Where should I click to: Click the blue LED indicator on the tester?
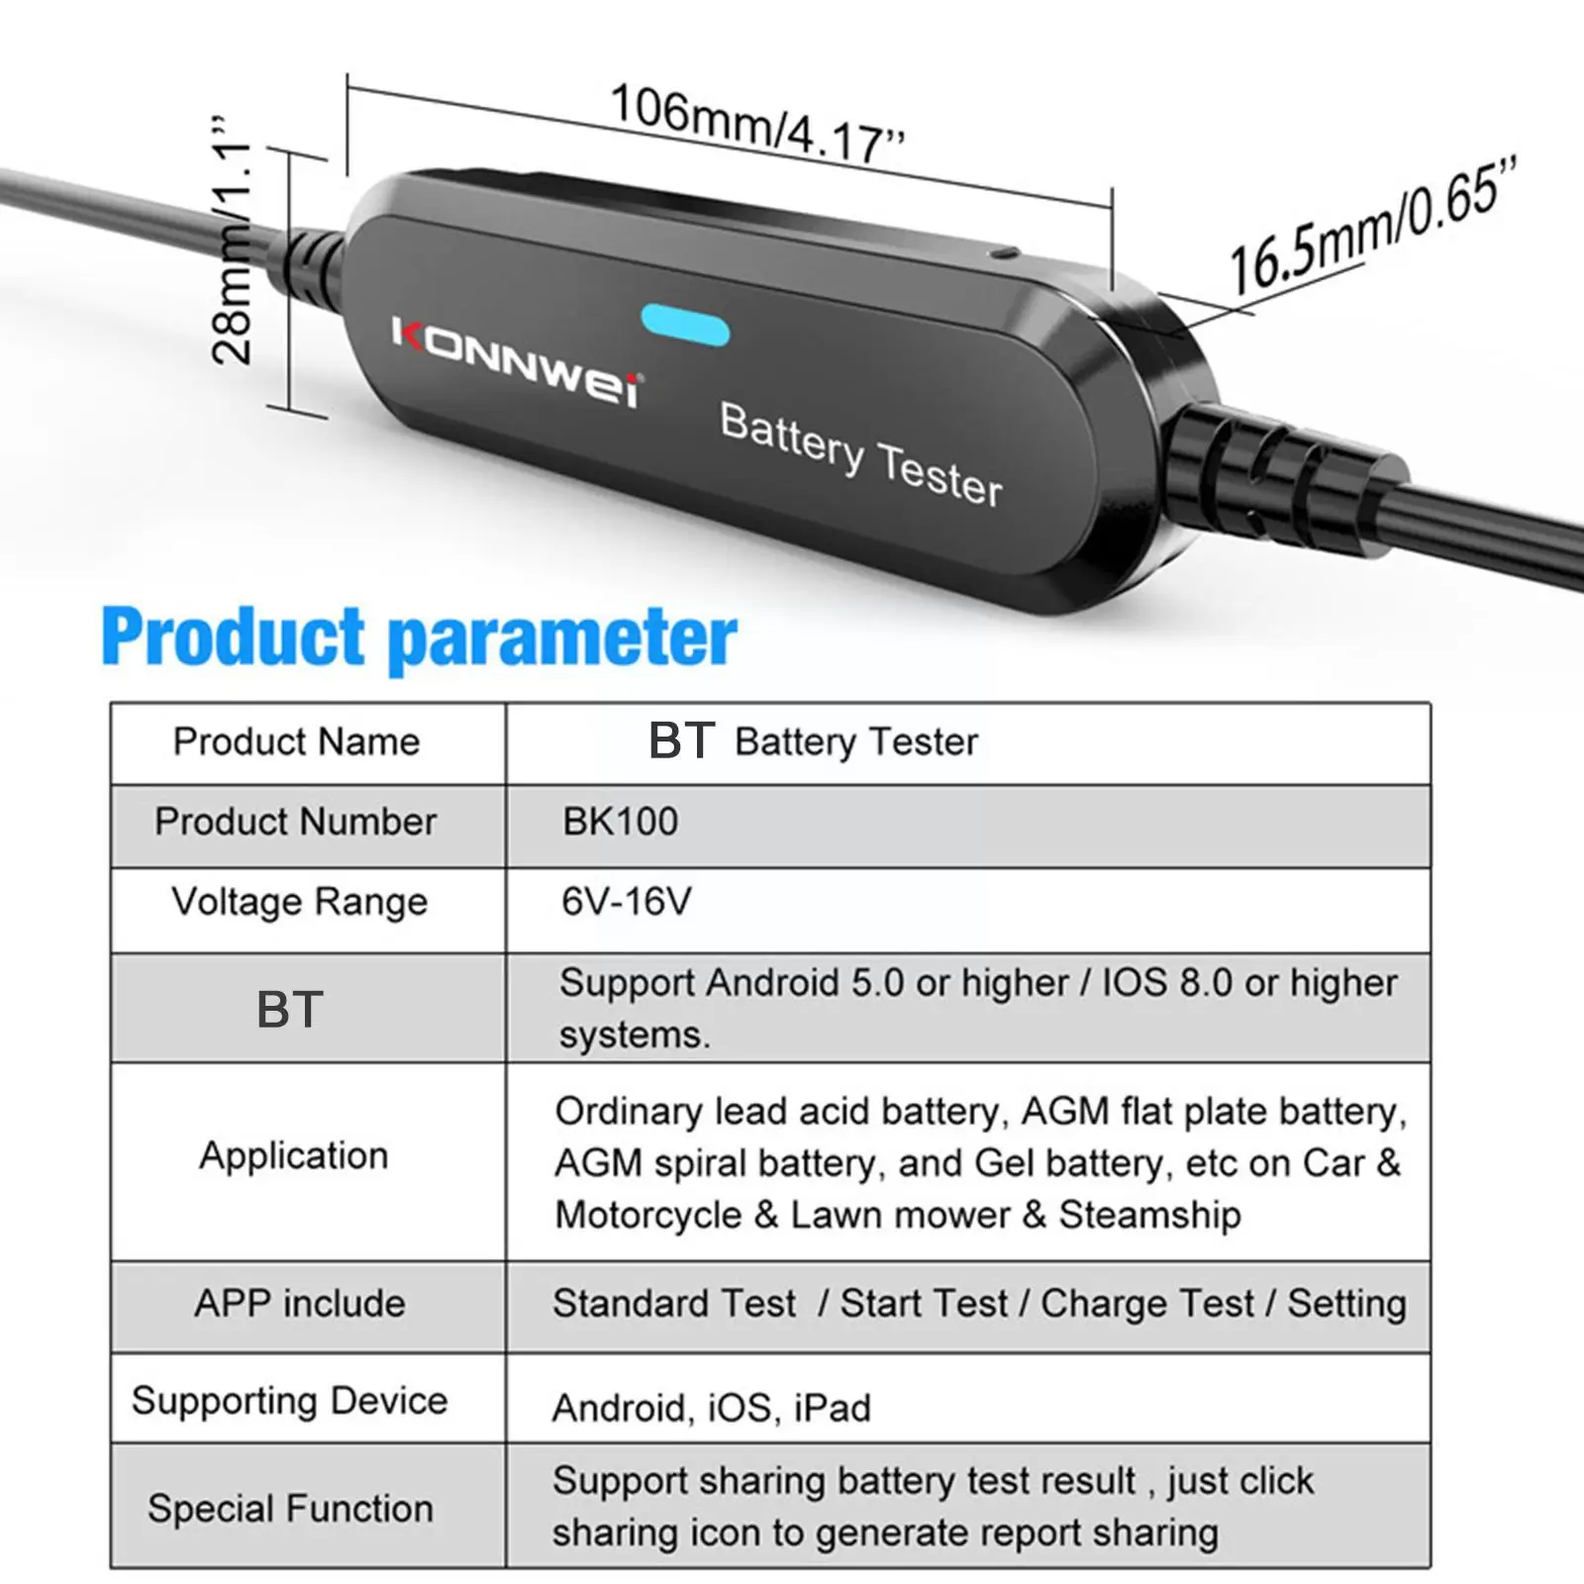(x=685, y=326)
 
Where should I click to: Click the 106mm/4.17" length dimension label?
(x=756, y=124)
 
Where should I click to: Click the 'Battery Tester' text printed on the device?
(x=860, y=453)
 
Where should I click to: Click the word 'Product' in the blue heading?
(x=234, y=636)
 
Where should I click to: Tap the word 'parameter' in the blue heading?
(x=562, y=640)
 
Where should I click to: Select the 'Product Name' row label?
(x=296, y=742)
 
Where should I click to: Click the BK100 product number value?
(x=621, y=822)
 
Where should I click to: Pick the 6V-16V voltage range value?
(x=627, y=902)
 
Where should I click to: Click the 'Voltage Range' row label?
(x=299, y=902)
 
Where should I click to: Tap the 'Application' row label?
(x=294, y=1155)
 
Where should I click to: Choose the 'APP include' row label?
(x=299, y=1303)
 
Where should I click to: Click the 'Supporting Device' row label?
(x=289, y=1401)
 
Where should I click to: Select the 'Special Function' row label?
(x=291, y=1509)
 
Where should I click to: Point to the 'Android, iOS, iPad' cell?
(x=712, y=1407)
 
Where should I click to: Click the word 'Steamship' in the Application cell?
(x=1149, y=1215)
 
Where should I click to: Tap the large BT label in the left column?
(x=290, y=1010)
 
